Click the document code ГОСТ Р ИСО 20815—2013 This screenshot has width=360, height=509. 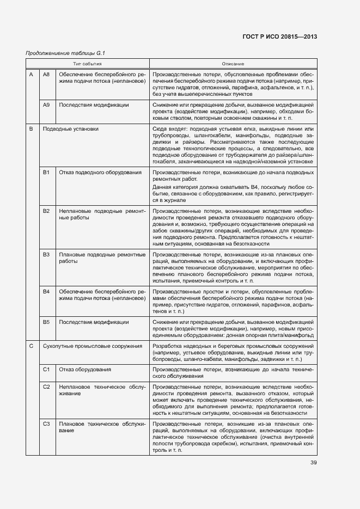tap(279, 36)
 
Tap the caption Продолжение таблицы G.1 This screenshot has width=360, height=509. tap(65, 53)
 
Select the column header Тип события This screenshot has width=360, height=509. tap(88, 64)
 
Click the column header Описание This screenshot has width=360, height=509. tap(233, 64)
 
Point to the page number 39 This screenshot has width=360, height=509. tap(314, 463)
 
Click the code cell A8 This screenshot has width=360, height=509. tap(46, 74)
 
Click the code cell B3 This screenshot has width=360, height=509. tap(46, 254)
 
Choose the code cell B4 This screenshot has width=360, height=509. tap(46, 292)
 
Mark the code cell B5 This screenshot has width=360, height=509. tap(46, 322)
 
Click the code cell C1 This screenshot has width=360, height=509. tap(46, 369)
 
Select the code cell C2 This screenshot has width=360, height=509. tap(46, 387)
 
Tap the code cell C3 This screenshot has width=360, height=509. tap(46, 424)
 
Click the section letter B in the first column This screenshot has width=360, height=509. tap(31, 129)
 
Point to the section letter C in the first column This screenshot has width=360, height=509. tap(31, 346)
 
